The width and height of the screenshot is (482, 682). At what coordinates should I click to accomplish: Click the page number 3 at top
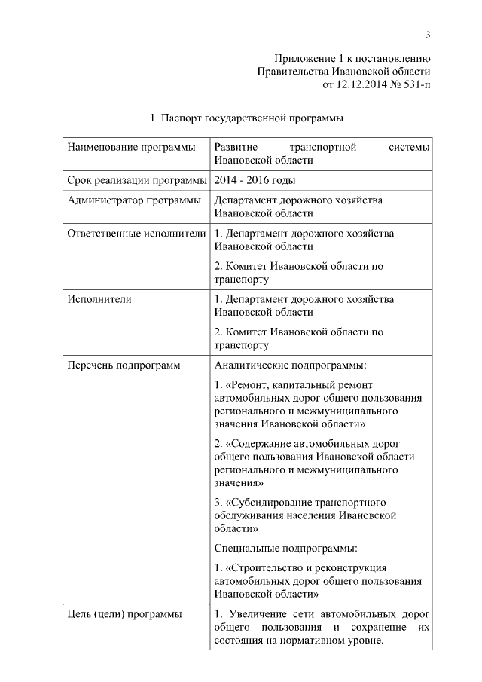point(427,34)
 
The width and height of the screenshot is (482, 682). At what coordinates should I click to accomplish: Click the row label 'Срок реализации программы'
point(136,180)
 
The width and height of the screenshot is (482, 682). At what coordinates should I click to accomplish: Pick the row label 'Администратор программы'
point(133,200)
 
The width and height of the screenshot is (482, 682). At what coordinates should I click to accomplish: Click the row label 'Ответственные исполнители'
point(136,234)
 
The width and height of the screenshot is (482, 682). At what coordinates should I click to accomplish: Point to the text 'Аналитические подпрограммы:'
point(290,365)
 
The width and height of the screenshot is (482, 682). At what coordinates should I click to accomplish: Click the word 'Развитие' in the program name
point(236,147)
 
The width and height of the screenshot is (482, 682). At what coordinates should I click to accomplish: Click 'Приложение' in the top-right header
point(304,57)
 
